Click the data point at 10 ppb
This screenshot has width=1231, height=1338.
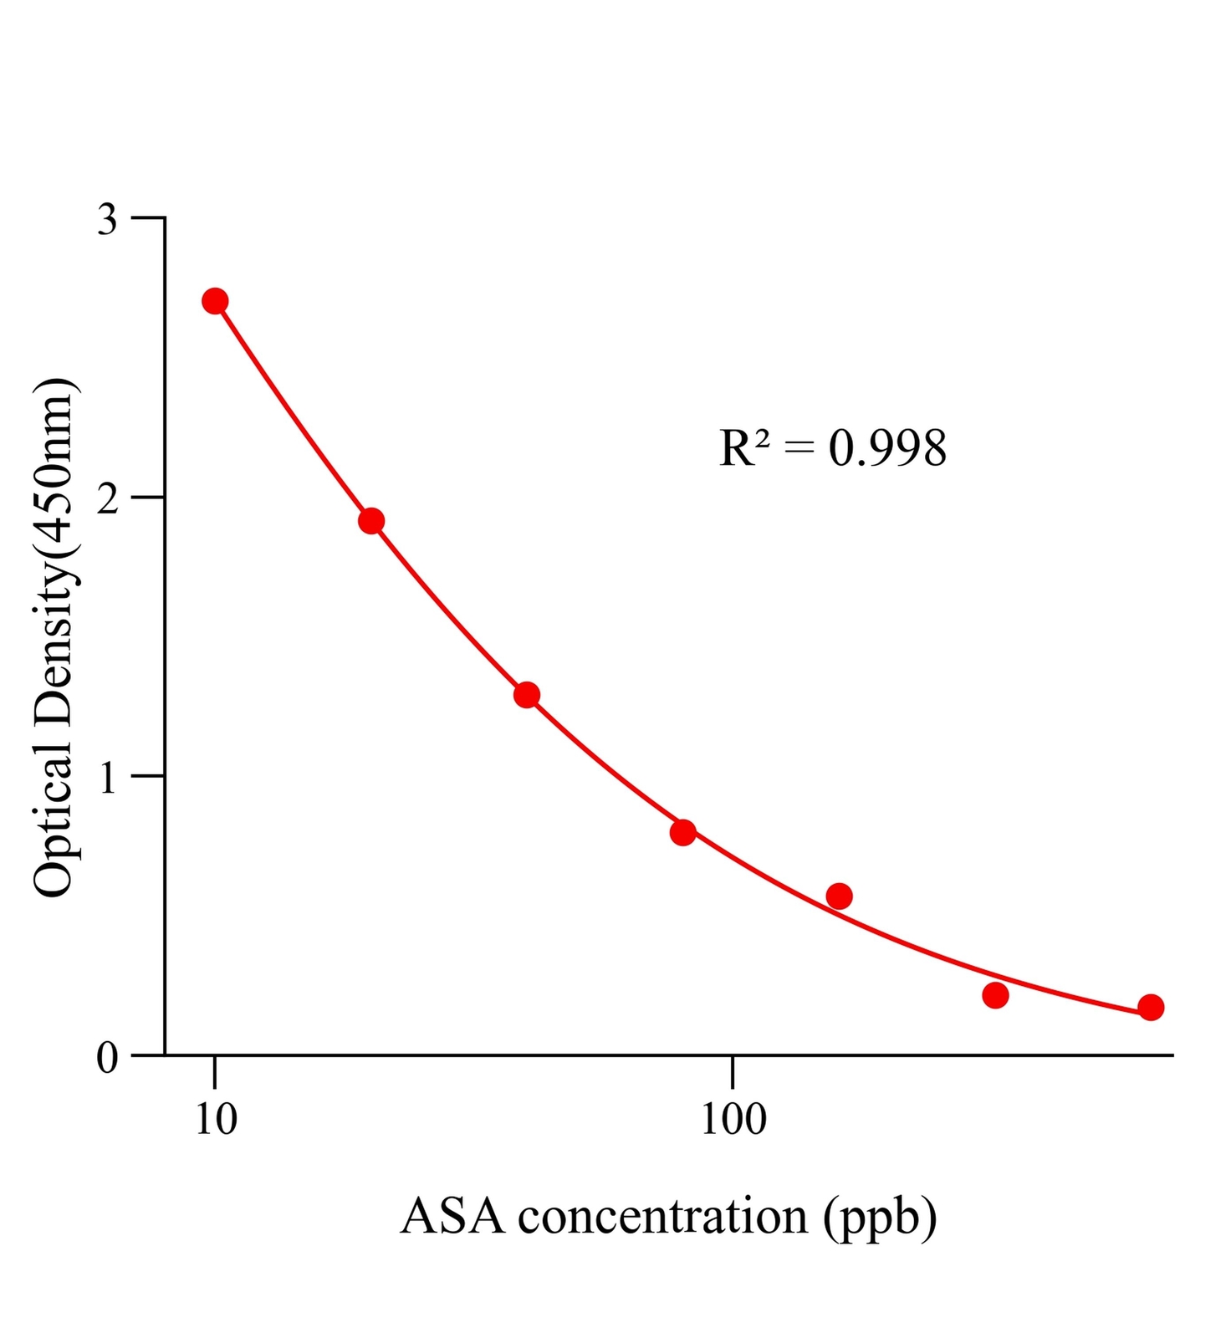215,301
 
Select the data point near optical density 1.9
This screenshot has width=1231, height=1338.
371,521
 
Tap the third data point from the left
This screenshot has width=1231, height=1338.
527,694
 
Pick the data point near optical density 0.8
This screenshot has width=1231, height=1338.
683,832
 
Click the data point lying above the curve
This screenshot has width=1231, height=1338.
839,896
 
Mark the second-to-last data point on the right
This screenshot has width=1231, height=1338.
995,995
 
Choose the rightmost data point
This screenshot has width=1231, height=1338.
1151,1007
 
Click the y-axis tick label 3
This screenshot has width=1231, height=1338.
107,220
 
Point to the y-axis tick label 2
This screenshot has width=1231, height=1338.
107,499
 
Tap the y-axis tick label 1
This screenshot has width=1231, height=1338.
107,779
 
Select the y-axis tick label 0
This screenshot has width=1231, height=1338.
107,1058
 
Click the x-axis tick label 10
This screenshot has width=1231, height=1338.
216,1120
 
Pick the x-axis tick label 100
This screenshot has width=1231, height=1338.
733,1120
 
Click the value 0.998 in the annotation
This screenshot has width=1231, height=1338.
887,448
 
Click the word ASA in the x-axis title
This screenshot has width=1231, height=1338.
452,1217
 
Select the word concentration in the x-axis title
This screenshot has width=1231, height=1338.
662,1217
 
